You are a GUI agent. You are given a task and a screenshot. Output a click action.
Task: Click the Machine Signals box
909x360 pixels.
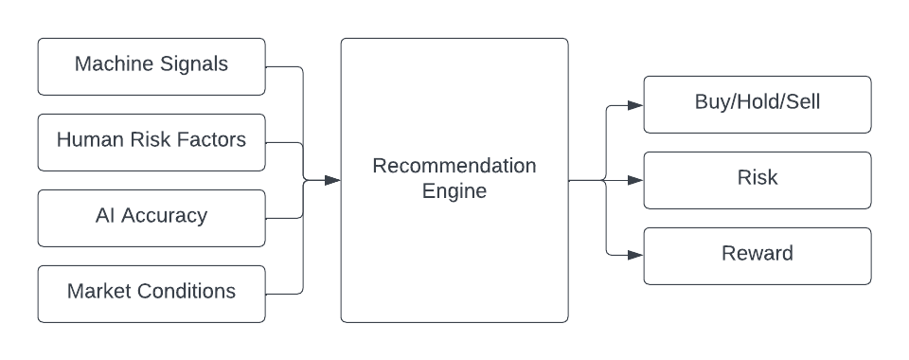[x=151, y=66]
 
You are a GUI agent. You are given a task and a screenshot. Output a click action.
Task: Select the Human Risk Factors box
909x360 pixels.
[x=151, y=142]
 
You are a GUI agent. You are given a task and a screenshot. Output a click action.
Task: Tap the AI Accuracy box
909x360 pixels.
[x=151, y=218]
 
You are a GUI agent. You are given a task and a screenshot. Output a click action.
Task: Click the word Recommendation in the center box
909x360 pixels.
[x=454, y=167]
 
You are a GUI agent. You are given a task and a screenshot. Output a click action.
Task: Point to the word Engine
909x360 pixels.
[x=454, y=192]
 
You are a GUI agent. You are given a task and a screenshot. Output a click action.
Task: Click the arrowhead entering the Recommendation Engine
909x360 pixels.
[x=332, y=180]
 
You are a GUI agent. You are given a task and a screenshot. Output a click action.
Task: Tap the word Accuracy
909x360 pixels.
[x=166, y=216]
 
